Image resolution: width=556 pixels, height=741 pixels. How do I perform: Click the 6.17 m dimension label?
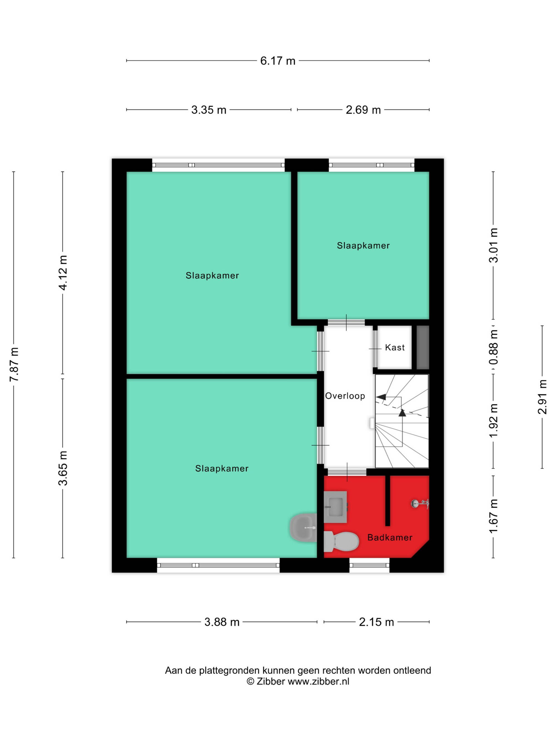pos(277,61)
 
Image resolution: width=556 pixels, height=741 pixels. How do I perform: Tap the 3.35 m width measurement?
pos(209,110)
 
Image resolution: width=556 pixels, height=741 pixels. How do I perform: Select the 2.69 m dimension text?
pos(363,110)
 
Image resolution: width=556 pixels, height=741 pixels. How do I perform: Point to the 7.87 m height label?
pos(14,365)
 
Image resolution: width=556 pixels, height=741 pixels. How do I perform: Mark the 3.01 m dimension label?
pos(493,245)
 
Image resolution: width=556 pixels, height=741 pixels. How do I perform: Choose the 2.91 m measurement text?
pos(542,397)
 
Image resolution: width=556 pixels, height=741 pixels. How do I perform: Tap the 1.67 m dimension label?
pos(493,516)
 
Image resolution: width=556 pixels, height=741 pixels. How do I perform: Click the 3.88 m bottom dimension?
pos(222,622)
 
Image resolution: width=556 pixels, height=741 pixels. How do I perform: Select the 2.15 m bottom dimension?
pos(376,622)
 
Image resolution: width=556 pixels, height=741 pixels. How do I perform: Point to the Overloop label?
pos(345,396)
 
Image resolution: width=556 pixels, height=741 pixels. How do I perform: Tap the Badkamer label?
pos(390,538)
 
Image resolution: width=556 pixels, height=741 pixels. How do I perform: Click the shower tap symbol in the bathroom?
pos(420,503)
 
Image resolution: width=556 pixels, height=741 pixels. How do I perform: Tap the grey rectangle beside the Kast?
pos(423,347)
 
